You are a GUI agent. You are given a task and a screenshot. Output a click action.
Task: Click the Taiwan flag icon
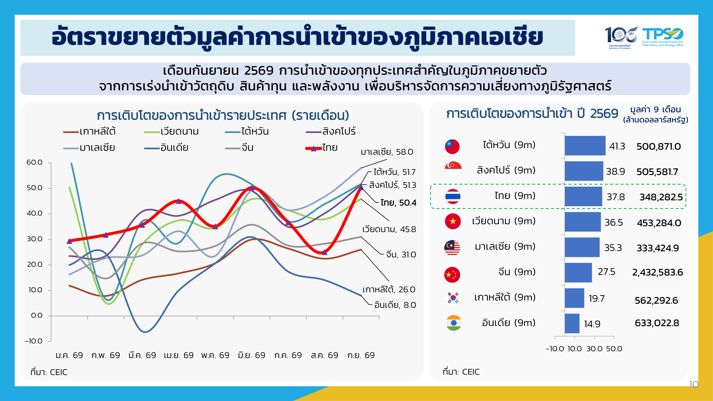(x=452, y=146)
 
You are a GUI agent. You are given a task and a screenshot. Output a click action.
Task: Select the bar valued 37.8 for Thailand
(x=583, y=196)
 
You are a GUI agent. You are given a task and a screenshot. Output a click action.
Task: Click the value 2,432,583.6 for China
(x=657, y=272)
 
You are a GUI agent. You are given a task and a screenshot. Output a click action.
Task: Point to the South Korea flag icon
(x=453, y=297)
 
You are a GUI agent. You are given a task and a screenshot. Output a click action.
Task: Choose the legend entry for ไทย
(x=321, y=148)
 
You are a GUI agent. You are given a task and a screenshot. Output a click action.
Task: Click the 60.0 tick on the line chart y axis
(x=34, y=162)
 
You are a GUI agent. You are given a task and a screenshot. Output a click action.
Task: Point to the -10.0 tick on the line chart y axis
(x=34, y=341)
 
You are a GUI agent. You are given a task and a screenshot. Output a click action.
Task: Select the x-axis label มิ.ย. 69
(x=252, y=355)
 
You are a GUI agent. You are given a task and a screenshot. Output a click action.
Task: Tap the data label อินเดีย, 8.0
(x=395, y=305)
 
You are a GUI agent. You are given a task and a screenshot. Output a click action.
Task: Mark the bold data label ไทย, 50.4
(x=398, y=203)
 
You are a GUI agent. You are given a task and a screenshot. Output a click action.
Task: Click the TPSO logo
(x=663, y=37)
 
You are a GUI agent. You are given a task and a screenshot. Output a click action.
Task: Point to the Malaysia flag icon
(x=452, y=247)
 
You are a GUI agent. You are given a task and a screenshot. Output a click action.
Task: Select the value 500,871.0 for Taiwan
(x=658, y=146)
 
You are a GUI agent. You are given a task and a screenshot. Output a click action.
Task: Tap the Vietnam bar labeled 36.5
(x=583, y=222)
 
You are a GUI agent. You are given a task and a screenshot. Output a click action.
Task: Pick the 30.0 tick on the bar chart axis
(x=594, y=349)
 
